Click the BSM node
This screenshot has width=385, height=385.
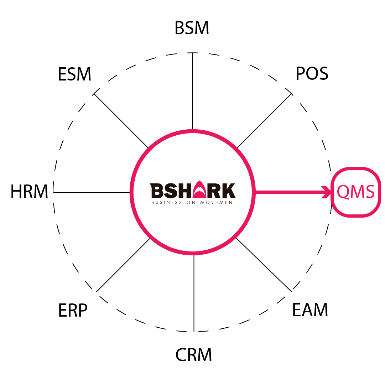click(x=192, y=28)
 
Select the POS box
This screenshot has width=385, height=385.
click(x=310, y=75)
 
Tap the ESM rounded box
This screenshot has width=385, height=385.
click(x=74, y=75)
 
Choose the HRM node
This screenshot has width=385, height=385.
click(x=29, y=192)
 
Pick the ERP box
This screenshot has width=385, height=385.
click(x=74, y=311)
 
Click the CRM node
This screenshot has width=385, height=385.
click(x=192, y=355)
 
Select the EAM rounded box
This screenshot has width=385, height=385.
click(x=311, y=311)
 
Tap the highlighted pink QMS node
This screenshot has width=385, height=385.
click(x=355, y=192)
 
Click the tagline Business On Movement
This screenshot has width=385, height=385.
click(x=193, y=203)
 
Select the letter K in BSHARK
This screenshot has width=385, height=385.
click(x=229, y=191)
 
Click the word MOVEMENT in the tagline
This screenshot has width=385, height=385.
click(x=220, y=203)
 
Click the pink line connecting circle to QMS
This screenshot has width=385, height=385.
click(x=288, y=192)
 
